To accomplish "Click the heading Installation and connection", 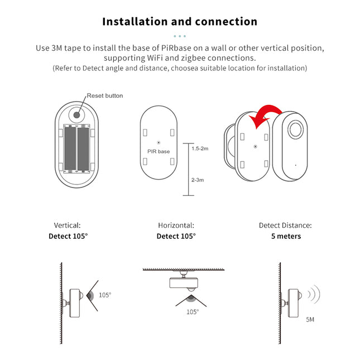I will pyautogui.click(x=180, y=22).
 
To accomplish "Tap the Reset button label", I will pyautogui.click(x=105, y=96).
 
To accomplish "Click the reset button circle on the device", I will pyautogui.click(x=76, y=114).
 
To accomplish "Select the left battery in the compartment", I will pyautogui.click(x=70, y=149).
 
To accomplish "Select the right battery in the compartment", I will pyautogui.click(x=83, y=149).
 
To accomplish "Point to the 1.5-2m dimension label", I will pyautogui.click(x=200, y=149).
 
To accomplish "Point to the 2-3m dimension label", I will pyautogui.click(x=197, y=180).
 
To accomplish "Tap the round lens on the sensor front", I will pyautogui.click(x=296, y=132).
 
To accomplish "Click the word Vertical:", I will pyautogui.click(x=68, y=225).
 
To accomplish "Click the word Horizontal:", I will pyautogui.click(x=176, y=225).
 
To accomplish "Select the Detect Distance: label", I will pyautogui.click(x=285, y=225).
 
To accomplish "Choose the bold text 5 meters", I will pyautogui.click(x=285, y=236).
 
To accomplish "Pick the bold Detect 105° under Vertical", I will pyautogui.click(x=68, y=236).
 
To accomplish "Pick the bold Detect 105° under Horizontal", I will pyautogui.click(x=176, y=236).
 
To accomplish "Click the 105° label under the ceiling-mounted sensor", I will pyautogui.click(x=193, y=313).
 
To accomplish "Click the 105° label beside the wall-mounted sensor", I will pyautogui.click(x=105, y=295).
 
